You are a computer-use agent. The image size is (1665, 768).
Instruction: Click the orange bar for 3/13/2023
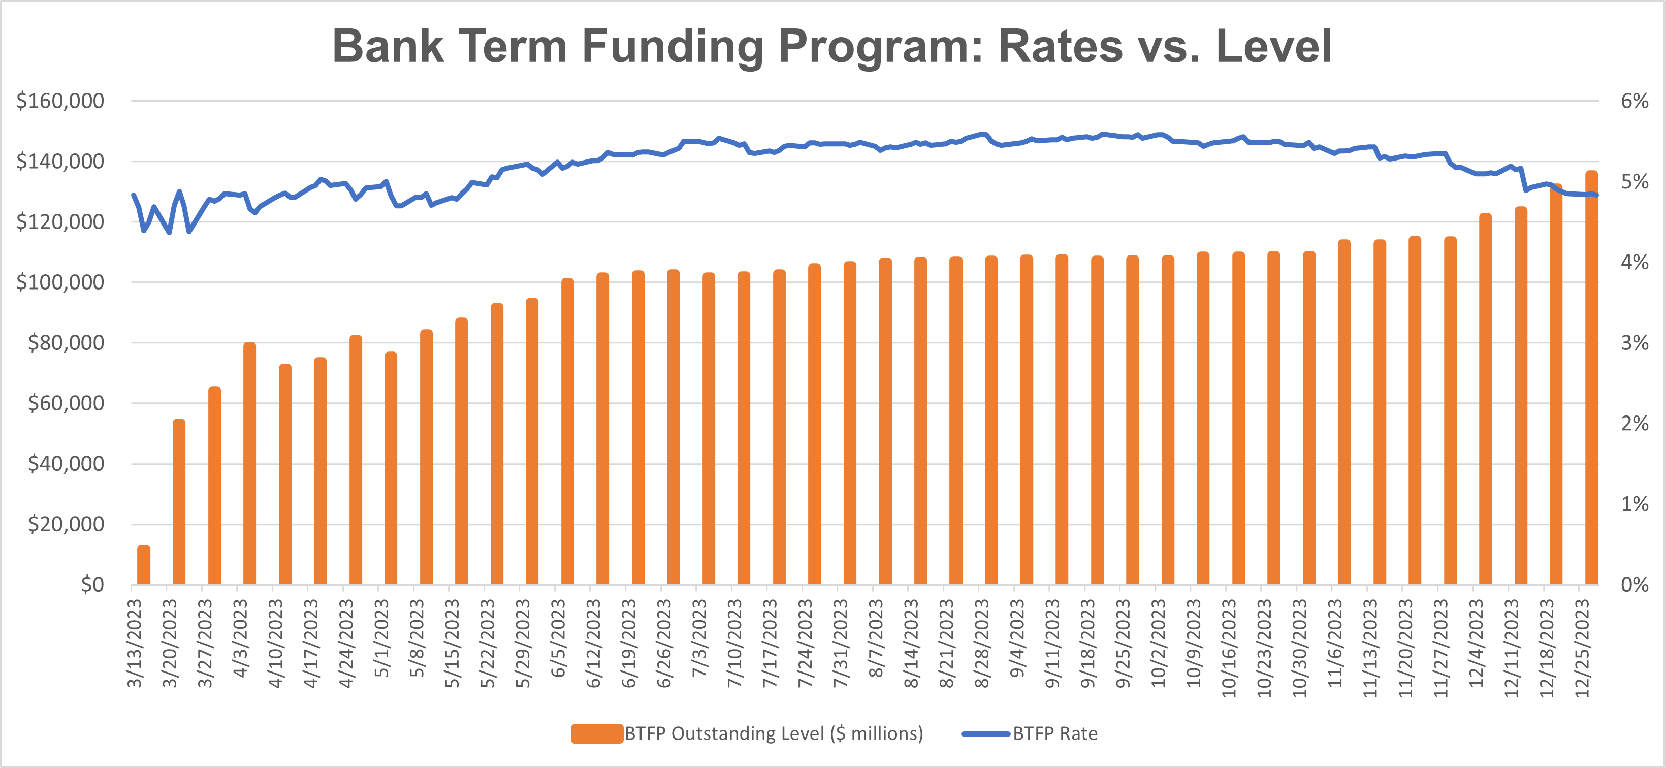point(143,565)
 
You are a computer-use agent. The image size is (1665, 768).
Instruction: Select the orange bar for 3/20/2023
point(179,502)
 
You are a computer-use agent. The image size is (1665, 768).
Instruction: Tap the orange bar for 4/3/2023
point(249,464)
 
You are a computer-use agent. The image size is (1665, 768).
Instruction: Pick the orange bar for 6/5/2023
point(567,432)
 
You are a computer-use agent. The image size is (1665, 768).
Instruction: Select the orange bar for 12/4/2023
point(1485,399)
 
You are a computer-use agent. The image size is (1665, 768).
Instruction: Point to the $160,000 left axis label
point(60,101)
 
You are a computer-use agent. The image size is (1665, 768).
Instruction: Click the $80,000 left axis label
point(66,343)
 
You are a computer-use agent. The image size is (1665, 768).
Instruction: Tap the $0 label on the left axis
point(92,585)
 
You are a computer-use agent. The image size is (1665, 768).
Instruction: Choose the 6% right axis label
point(1635,101)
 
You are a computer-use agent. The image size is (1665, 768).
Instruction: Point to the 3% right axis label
point(1635,343)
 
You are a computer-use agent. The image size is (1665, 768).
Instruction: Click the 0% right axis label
point(1635,585)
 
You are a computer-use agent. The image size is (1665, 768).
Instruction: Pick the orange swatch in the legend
point(597,734)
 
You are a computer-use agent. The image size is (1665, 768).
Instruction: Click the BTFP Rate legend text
point(1055,734)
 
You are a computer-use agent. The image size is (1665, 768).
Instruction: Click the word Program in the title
point(880,47)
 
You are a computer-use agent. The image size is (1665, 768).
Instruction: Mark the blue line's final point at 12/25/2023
point(1596,195)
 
